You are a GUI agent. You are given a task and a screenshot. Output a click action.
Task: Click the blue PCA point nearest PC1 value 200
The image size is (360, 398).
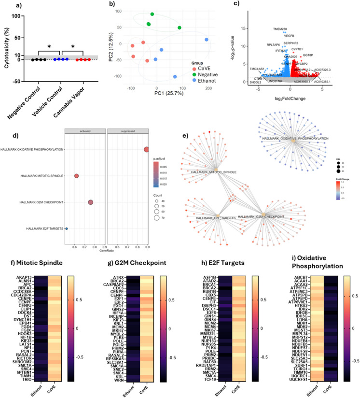[x=206, y=40]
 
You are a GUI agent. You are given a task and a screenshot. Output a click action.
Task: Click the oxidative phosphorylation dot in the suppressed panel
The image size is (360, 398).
[x=146, y=150]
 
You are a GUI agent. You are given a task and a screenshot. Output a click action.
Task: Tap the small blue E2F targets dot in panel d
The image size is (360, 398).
[x=67, y=228]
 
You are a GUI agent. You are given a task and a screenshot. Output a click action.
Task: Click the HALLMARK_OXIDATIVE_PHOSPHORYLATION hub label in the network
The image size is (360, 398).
[x=295, y=139]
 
